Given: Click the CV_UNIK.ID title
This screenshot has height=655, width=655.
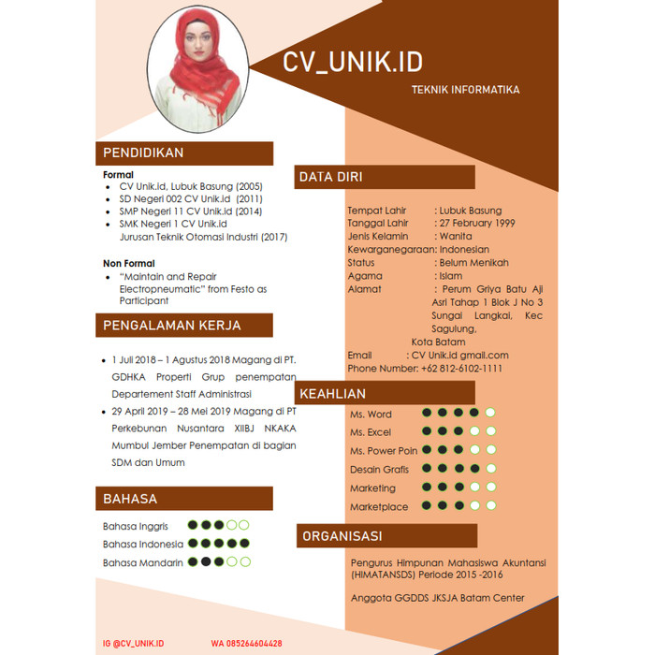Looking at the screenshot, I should (x=353, y=62).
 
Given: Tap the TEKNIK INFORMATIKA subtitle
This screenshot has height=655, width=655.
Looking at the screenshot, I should (x=465, y=90).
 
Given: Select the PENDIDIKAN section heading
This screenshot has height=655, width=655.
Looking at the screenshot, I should (x=143, y=153).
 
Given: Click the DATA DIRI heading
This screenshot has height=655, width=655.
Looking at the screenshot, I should (x=330, y=177).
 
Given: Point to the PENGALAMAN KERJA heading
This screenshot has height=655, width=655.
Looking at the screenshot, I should (x=171, y=326).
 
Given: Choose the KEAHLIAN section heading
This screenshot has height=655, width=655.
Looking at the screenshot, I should (x=332, y=394).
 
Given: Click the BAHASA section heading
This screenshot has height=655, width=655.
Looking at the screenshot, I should (x=130, y=499).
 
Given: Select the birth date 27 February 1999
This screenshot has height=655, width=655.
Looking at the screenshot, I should (x=476, y=224).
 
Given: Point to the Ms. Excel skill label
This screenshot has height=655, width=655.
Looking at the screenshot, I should (x=371, y=432).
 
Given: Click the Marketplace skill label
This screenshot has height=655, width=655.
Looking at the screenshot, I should (x=379, y=506).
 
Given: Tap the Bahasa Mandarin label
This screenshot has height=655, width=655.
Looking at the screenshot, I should (x=143, y=562).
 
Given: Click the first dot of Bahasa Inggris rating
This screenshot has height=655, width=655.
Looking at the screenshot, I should (x=193, y=525).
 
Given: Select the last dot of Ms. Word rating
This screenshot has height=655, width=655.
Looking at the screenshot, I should (x=489, y=413).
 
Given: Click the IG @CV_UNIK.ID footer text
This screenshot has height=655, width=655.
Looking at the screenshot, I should (x=133, y=643).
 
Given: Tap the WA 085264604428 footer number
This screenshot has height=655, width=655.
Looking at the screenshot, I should (x=246, y=643).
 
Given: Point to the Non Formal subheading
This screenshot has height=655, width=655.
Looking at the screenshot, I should (x=129, y=264).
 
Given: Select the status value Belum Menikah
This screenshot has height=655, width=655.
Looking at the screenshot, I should (x=469, y=263).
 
